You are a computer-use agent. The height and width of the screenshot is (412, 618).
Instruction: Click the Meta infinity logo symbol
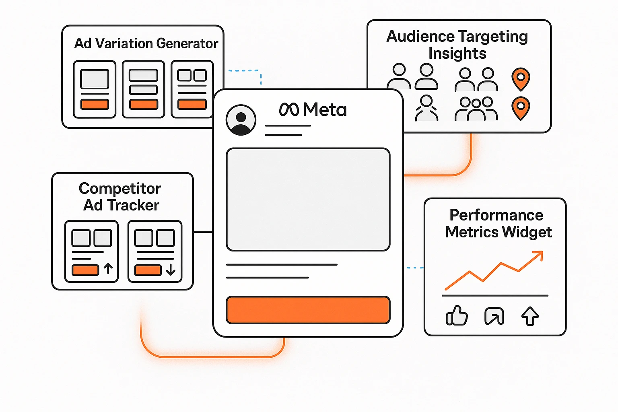click(289, 110)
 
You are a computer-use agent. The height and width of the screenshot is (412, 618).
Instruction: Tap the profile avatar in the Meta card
click(241, 120)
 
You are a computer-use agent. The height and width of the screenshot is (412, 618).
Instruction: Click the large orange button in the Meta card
click(308, 310)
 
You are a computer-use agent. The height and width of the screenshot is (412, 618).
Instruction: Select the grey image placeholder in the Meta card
click(308, 200)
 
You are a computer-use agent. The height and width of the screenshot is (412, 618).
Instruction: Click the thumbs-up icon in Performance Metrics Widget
click(457, 315)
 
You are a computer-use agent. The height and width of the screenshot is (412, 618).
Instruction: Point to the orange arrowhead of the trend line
click(539, 255)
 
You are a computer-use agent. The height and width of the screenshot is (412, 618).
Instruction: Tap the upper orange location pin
click(521, 78)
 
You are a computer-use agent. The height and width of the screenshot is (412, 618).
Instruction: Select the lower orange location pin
click(521, 108)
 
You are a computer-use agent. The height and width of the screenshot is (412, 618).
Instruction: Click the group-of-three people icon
click(476, 109)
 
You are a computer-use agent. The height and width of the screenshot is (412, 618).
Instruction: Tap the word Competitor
click(120, 188)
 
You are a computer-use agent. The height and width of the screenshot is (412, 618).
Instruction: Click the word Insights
click(457, 53)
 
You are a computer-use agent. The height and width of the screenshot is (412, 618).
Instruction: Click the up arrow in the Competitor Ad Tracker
click(108, 268)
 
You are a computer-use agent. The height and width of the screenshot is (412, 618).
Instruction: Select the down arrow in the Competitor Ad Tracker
click(171, 269)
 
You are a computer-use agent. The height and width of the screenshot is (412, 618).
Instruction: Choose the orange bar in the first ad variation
click(95, 104)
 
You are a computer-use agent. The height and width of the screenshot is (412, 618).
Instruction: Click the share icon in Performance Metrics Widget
click(494, 316)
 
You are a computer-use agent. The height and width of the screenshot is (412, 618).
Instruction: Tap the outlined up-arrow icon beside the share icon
click(530, 316)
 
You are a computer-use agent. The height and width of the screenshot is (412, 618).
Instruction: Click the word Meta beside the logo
click(325, 110)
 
